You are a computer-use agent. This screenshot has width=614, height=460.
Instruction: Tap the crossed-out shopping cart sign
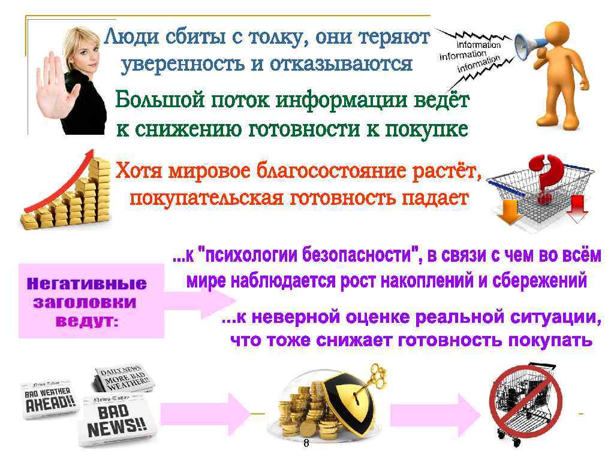[x=525, y=402]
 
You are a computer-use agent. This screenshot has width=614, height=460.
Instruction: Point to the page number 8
[x=306, y=444]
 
